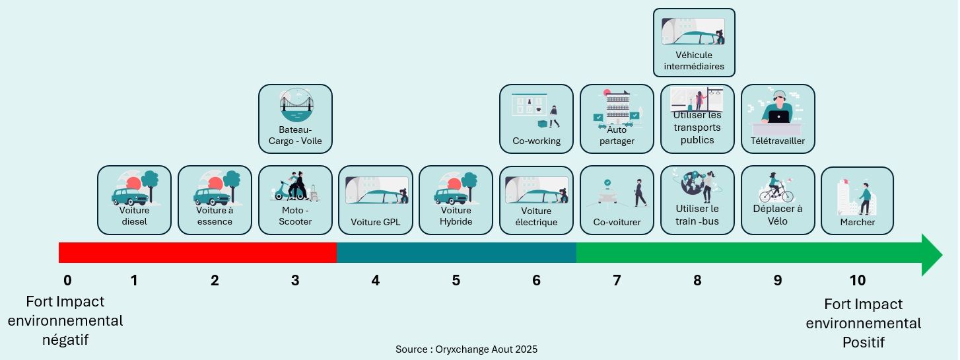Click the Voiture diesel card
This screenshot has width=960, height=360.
tap(134, 200)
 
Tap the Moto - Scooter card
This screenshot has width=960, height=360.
tap(295, 200)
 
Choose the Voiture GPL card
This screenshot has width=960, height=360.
tap(376, 200)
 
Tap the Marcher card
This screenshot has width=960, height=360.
tap(857, 200)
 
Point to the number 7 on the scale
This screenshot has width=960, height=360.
tap(617, 281)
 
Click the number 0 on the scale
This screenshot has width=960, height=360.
tap(67, 281)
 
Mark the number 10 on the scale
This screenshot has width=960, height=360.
tap(857, 281)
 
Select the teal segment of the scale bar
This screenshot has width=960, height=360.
tap(456, 253)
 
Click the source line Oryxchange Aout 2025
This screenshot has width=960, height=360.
tap(466, 349)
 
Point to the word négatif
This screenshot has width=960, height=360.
tap(65, 340)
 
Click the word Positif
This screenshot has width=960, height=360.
tap(863, 342)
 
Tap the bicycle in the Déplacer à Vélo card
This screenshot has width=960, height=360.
tap(776, 193)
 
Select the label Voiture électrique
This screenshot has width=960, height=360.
tap(536, 217)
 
